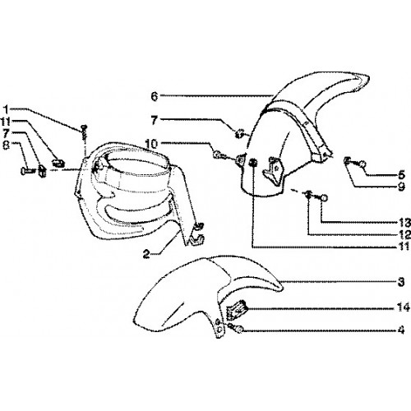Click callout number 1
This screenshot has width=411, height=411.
[x=6, y=109]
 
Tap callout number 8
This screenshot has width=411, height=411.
[x=6, y=145]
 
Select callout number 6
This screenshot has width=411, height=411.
[x=155, y=96]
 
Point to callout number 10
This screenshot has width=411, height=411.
[x=151, y=143]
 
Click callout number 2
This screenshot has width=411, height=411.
[x=146, y=254]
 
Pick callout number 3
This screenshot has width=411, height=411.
[x=401, y=281]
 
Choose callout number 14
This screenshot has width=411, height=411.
[x=404, y=307]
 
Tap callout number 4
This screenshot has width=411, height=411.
[x=401, y=330]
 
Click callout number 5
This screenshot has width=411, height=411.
[x=401, y=174]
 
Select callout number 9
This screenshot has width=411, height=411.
[x=401, y=187]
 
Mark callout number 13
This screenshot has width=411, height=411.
[x=404, y=223]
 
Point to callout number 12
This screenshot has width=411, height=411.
[x=404, y=234]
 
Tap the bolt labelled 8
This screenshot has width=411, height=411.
[x=27, y=171]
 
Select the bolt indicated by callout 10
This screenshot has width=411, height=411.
[x=219, y=155]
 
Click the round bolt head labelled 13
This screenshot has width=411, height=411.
[x=324, y=198]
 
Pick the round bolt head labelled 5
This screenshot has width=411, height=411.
[x=363, y=164]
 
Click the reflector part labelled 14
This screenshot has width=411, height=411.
[x=236, y=310]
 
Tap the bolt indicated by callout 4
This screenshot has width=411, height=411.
[x=237, y=329]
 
